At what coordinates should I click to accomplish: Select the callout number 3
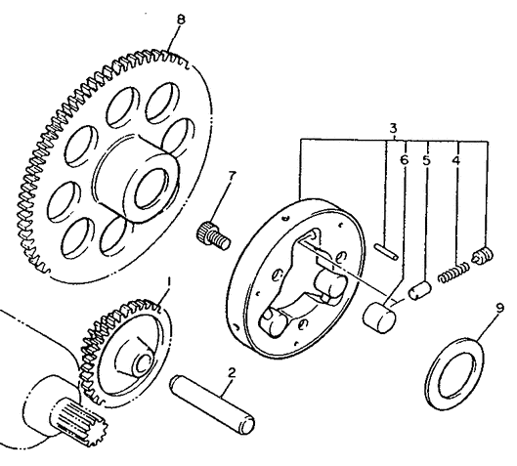tap(391, 129)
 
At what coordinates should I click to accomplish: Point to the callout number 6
tap(404, 157)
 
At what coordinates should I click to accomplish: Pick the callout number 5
tap(427, 157)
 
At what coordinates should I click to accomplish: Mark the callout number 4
tap(457, 157)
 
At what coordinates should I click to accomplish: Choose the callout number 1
tap(167, 282)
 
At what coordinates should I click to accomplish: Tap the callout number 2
tap(231, 373)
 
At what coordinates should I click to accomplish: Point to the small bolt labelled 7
tap(212, 234)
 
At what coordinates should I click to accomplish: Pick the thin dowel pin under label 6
tap(387, 250)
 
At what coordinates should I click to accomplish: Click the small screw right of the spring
tap(481, 259)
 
